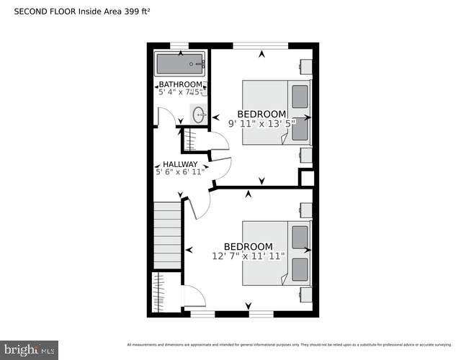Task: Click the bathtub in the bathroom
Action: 180,64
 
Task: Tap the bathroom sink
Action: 198,114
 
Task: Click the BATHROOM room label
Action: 179,84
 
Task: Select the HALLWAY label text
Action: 179,164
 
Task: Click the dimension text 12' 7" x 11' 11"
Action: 248,256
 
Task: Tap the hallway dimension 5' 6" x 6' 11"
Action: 179,172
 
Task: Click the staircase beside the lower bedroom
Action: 167,234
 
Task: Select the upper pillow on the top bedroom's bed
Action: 299,96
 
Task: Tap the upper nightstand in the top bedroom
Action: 306,66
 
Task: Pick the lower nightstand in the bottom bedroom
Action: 306,294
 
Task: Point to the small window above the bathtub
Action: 179,46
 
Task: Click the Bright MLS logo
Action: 29,351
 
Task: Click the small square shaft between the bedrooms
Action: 306,178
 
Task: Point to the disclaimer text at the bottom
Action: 295,343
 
